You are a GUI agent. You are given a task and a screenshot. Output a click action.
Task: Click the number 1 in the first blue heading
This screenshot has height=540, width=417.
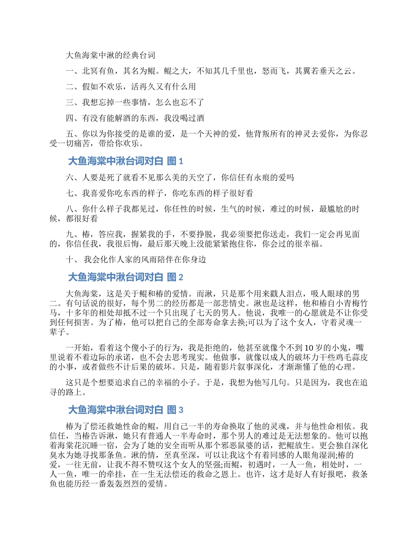click(x=180, y=162)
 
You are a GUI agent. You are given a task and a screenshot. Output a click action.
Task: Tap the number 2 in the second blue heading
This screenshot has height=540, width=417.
click(x=180, y=277)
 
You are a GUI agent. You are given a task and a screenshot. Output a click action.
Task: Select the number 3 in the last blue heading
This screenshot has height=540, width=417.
click(x=180, y=410)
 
